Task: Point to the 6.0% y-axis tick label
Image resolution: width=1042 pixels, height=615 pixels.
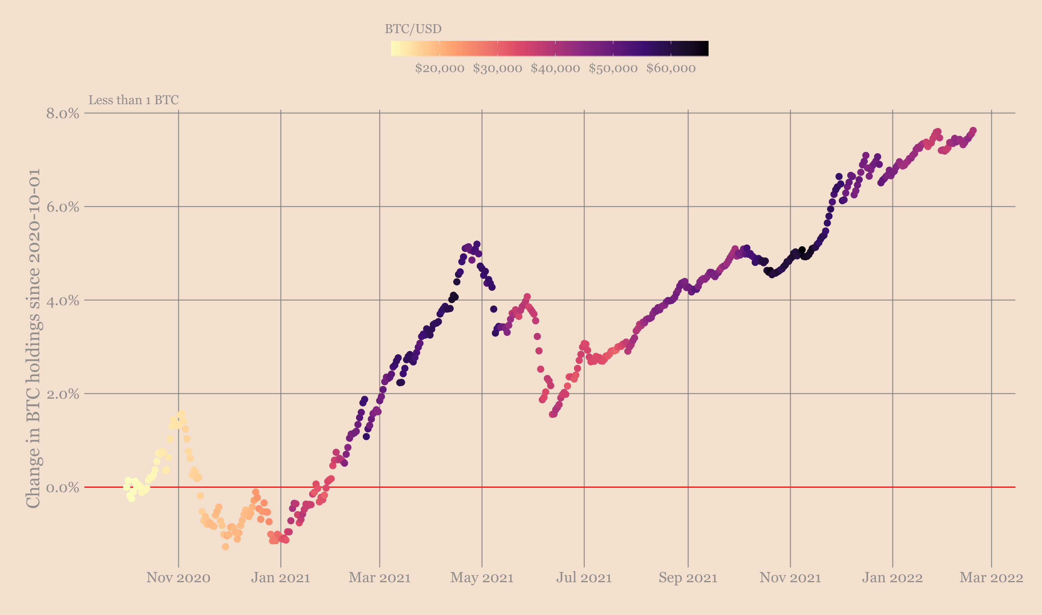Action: (x=63, y=207)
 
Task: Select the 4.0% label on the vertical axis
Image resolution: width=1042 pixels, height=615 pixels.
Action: (x=63, y=301)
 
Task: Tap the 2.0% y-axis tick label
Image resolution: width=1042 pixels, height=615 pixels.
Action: (x=63, y=394)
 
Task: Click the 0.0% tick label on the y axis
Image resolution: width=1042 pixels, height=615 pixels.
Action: (x=63, y=487)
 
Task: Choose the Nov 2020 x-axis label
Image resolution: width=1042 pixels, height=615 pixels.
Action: (x=178, y=577)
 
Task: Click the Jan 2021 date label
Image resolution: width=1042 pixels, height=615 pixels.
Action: (x=281, y=577)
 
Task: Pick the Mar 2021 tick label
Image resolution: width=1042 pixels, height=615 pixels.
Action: (x=379, y=577)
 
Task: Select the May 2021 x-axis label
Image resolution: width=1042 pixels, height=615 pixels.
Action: (x=482, y=577)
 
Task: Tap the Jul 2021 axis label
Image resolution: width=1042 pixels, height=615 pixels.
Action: (x=584, y=577)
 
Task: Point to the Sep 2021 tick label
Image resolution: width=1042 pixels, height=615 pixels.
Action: (x=688, y=577)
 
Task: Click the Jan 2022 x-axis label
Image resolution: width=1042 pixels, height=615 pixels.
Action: (x=892, y=577)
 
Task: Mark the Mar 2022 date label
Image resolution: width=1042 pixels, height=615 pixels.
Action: (x=991, y=577)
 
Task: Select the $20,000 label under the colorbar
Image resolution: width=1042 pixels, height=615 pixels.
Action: (x=439, y=68)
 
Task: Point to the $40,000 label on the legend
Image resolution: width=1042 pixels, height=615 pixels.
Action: (x=555, y=68)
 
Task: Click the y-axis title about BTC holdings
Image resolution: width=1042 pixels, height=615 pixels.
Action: (x=33, y=338)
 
